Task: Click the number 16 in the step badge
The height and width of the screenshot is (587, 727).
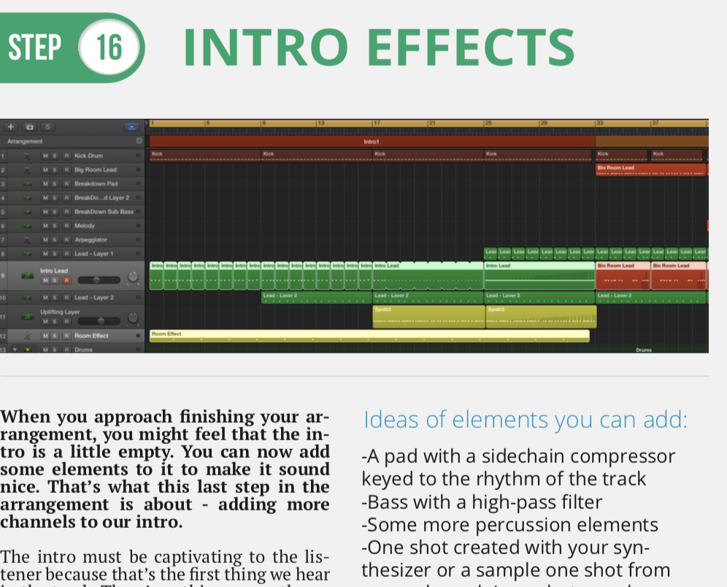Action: [109, 49]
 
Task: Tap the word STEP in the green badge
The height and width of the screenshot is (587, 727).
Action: [35, 48]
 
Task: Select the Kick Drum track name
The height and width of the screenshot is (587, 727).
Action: [88, 156]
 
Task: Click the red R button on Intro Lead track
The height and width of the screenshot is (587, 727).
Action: [66, 280]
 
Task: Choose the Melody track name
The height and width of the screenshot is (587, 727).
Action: [85, 226]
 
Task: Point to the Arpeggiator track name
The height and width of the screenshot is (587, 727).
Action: [91, 239]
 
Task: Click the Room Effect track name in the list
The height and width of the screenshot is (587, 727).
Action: [91, 336]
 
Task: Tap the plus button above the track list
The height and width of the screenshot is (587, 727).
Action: [11, 126]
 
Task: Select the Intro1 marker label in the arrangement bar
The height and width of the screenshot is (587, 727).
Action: [372, 142]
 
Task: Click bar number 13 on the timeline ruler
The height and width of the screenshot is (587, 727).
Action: [320, 123]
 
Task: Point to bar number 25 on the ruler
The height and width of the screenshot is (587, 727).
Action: [488, 123]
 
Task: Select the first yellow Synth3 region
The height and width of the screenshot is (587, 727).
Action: [428, 316]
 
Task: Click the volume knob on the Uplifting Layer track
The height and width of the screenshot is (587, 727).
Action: [132, 318]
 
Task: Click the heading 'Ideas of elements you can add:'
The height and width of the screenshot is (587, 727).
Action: [525, 420]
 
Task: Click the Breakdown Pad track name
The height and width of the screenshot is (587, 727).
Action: [96, 183]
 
